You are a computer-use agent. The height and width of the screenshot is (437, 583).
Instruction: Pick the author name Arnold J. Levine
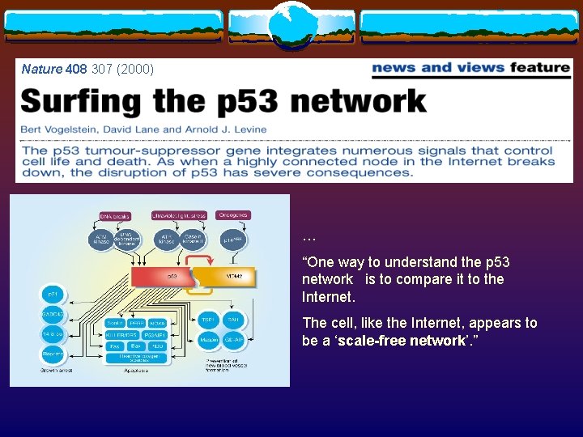pyautogui.click(x=226, y=129)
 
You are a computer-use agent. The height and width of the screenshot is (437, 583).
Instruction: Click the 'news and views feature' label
pyautogui.click(x=470, y=69)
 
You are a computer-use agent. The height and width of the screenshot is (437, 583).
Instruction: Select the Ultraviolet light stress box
pyautogui.click(x=179, y=215)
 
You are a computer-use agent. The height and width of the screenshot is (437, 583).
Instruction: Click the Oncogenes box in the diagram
pyautogui.click(x=232, y=215)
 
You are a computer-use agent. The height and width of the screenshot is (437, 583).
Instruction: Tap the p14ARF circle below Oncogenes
pyautogui.click(x=233, y=240)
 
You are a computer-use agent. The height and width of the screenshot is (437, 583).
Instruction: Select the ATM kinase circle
pyautogui.click(x=102, y=240)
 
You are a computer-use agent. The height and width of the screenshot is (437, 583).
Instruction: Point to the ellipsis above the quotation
pyautogui.click(x=309, y=238)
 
